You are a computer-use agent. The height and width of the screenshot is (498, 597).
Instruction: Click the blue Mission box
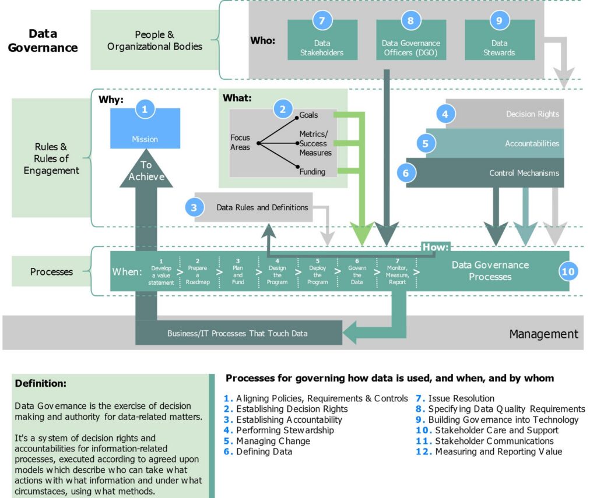coord(145,129)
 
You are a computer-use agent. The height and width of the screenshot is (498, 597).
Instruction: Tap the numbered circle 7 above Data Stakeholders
coord(322,20)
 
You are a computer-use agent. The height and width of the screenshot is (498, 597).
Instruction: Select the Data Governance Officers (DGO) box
coord(411,40)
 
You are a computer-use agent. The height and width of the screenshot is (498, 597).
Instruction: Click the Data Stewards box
coord(500,40)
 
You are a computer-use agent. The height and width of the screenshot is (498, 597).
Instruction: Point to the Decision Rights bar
coord(505,114)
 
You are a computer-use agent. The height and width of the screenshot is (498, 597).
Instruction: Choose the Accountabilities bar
coord(495,143)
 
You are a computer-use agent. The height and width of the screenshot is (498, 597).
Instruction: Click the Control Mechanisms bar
coord(485,173)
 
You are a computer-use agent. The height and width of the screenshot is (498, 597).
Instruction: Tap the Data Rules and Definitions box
coord(254,207)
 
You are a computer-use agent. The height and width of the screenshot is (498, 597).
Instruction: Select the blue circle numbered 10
coord(568,271)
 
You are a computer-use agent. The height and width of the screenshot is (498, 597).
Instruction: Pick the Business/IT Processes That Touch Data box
coord(238,333)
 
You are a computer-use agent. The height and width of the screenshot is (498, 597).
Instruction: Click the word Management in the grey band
coord(543,334)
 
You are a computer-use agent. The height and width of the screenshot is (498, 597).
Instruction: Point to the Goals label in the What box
coord(308,115)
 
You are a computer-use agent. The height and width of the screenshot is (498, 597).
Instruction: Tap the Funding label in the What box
coord(312,172)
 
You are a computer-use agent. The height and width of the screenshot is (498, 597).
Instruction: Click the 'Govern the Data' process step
coord(357,271)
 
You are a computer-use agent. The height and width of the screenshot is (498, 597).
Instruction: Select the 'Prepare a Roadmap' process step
coord(198,271)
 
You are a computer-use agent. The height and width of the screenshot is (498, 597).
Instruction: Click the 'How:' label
coord(436,248)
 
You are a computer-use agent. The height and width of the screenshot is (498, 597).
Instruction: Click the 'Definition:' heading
coord(41,383)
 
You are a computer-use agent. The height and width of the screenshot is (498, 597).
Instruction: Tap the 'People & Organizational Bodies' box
coord(154,40)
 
